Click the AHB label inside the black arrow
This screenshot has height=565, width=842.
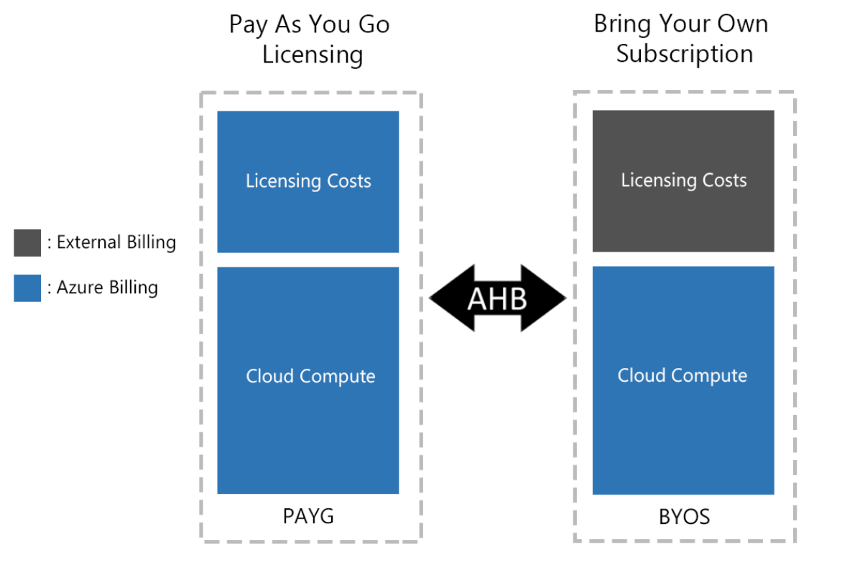(497, 298)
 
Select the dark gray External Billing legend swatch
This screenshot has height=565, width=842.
(27, 243)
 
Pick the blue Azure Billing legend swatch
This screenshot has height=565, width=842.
(27, 288)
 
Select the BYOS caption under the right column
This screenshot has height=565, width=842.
(684, 517)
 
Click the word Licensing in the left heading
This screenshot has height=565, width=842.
(312, 55)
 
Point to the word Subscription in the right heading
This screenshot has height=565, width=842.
(684, 54)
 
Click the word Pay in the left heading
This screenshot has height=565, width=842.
(248, 24)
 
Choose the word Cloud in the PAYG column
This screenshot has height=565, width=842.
(269, 376)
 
